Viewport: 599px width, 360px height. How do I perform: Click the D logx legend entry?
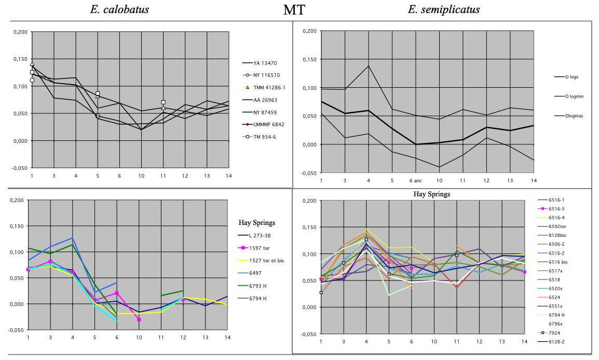coord(573,77)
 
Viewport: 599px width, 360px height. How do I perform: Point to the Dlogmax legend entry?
coord(573,116)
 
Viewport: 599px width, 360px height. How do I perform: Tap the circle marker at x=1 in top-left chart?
coord(32,80)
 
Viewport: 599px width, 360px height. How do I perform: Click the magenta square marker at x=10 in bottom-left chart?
coord(139,319)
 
